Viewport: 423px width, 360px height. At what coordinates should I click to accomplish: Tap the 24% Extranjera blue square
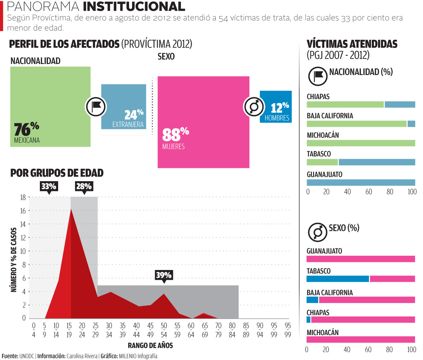[123, 106]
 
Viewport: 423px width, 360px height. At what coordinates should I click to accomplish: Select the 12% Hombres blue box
[276, 106]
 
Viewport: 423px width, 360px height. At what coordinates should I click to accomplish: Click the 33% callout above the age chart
[49, 187]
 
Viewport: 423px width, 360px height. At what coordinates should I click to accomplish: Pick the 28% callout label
[84, 187]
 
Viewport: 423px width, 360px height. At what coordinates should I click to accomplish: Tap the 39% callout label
[163, 275]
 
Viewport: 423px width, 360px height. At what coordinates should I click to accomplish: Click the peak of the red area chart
[71, 209]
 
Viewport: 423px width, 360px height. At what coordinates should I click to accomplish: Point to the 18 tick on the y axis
[23, 198]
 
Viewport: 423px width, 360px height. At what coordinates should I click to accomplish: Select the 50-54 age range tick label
[164, 329]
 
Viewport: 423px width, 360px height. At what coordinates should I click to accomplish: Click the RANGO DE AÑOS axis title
[150, 345]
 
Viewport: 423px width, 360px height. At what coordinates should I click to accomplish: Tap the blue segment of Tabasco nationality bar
[377, 162]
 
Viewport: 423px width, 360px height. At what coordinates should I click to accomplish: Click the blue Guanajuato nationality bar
[361, 182]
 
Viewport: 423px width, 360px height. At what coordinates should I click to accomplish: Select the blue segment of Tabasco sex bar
[338, 279]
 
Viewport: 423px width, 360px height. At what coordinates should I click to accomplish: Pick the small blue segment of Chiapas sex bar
[308, 320]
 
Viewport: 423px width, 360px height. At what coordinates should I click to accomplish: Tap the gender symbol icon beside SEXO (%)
[317, 232]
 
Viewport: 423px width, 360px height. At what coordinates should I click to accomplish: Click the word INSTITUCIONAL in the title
[133, 7]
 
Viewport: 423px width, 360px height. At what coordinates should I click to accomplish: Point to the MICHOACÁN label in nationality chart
[323, 135]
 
